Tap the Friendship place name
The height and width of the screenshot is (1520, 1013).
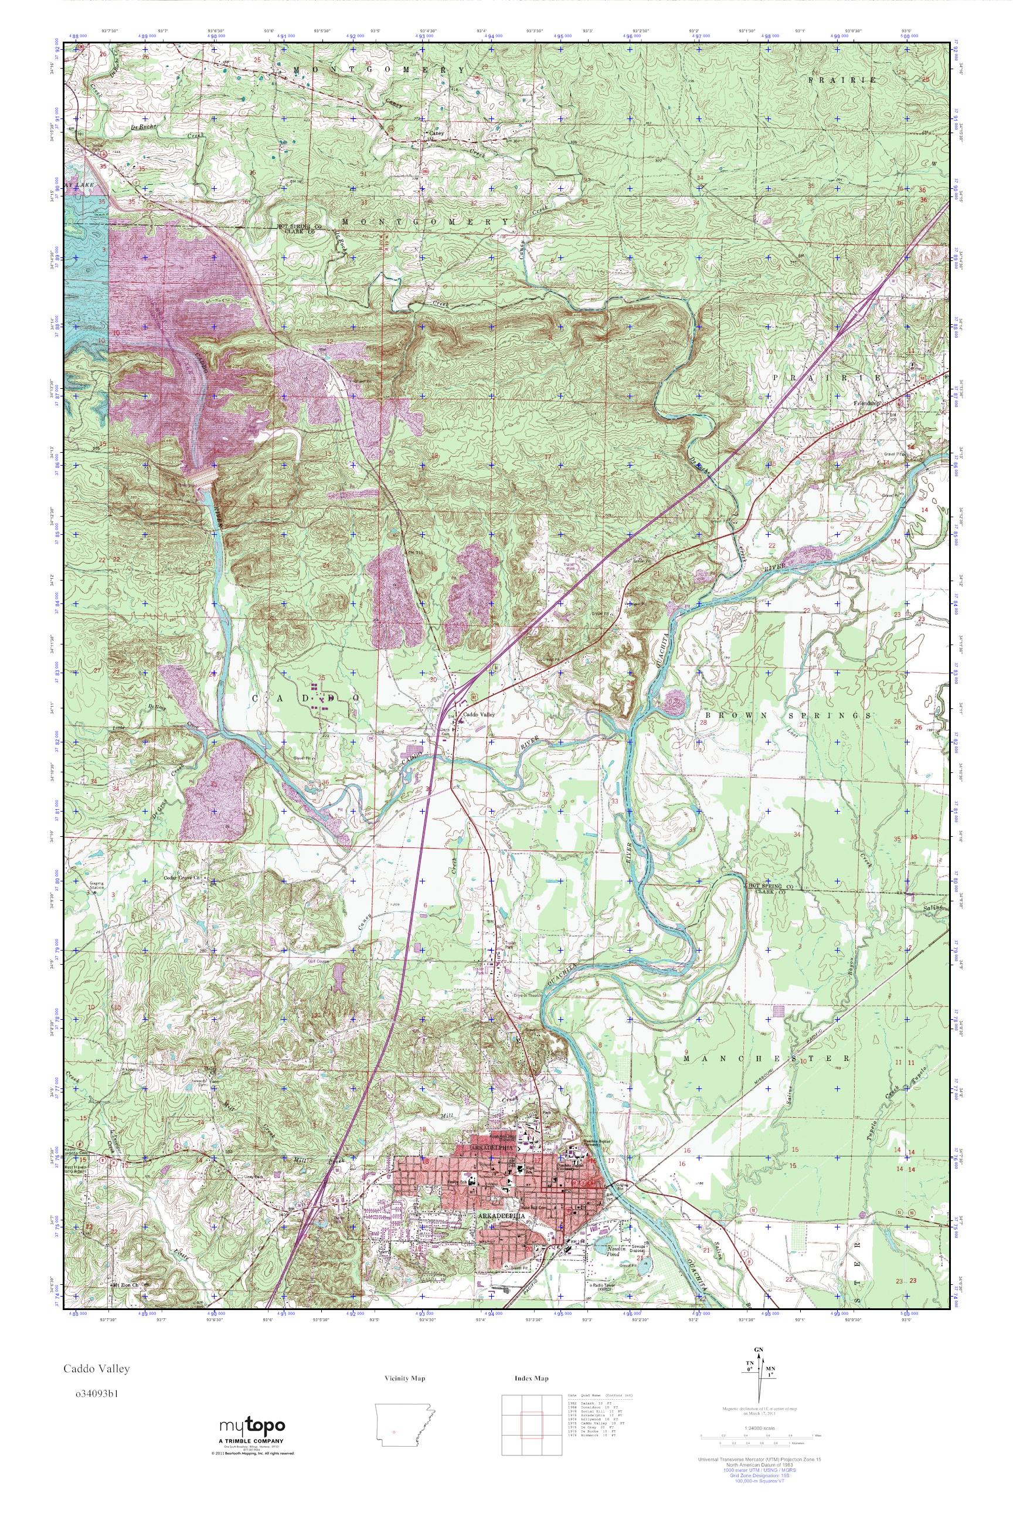(x=868, y=404)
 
